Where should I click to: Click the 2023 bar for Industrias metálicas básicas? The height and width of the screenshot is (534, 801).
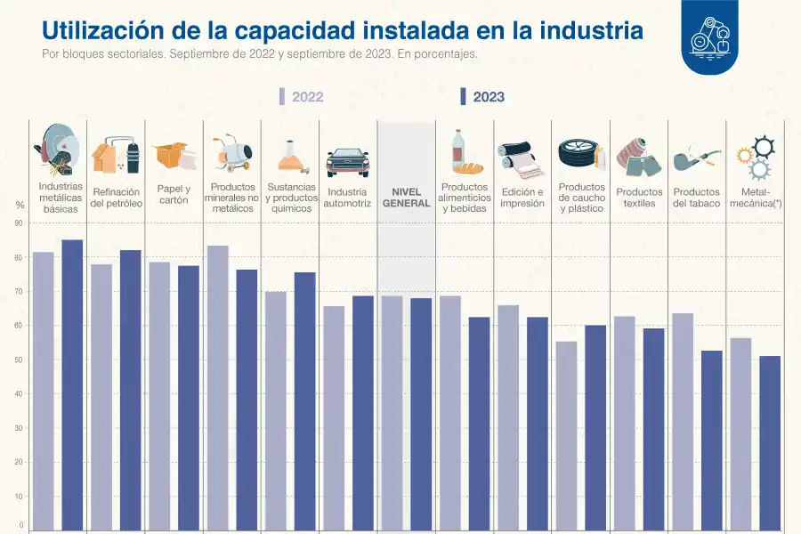click(x=72, y=383)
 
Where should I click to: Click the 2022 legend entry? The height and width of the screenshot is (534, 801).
click(x=302, y=97)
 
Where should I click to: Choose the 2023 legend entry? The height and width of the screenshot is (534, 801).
click(x=482, y=97)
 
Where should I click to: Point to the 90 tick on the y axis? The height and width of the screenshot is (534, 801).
click(x=19, y=223)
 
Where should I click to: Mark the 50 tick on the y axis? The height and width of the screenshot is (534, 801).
click(x=19, y=360)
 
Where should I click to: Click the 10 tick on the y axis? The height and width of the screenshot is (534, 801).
click(x=19, y=497)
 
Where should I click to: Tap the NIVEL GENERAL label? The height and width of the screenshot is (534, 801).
click(x=406, y=198)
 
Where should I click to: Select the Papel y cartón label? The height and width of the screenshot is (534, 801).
click(x=174, y=195)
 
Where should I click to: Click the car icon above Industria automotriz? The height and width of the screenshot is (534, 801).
click(x=347, y=160)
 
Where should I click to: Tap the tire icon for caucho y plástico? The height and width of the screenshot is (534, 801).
click(x=578, y=154)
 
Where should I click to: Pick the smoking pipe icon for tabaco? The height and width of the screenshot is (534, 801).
click(x=696, y=158)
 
